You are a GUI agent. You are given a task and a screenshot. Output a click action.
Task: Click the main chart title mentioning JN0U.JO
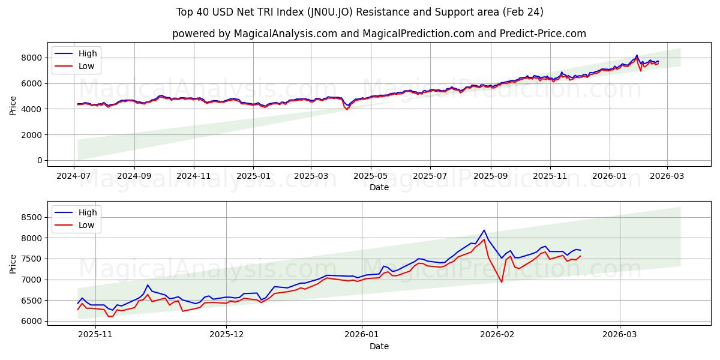click(x=360, y=12)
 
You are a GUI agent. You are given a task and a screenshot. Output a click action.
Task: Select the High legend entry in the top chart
click(x=88, y=53)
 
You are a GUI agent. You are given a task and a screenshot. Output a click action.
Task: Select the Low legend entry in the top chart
click(x=86, y=66)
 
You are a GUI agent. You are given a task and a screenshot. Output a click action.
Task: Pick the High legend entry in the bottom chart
click(x=88, y=212)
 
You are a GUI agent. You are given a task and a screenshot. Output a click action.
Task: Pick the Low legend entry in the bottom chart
click(x=86, y=224)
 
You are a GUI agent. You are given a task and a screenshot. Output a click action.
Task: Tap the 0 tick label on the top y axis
click(x=40, y=161)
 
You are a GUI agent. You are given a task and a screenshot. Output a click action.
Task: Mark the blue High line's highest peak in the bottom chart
click(x=484, y=230)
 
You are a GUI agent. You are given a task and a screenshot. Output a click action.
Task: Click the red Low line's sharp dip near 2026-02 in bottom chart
click(x=502, y=282)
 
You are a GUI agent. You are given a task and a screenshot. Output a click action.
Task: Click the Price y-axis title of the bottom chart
click(x=13, y=263)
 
